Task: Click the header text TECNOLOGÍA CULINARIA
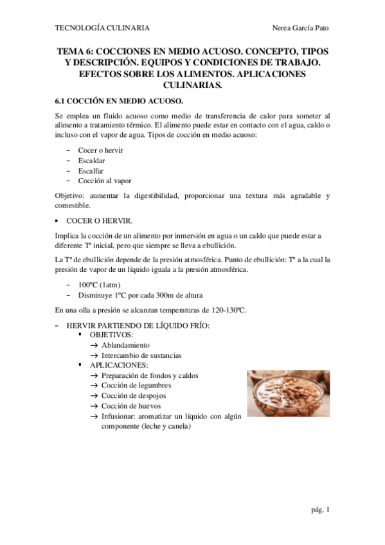tap(103, 28)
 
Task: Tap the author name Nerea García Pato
tap(300, 28)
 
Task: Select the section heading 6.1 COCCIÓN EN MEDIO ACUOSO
tap(119, 101)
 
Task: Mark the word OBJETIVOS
tap(111, 335)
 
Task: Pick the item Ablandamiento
tap(125, 345)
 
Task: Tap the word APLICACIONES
tap(119, 365)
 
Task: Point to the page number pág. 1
tap(319, 510)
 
